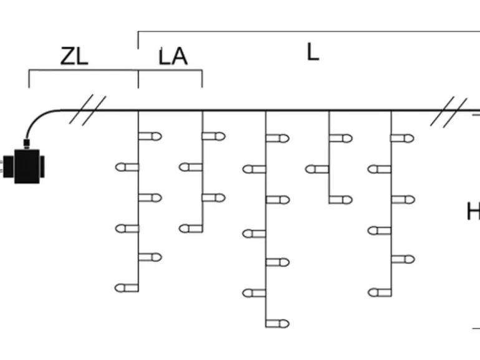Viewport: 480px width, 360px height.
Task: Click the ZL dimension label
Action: (x=74, y=56)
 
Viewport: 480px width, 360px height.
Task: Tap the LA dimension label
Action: (x=173, y=57)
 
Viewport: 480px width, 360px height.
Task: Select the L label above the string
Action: (x=312, y=52)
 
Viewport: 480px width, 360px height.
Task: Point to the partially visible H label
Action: (x=473, y=211)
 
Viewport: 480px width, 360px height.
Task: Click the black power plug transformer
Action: (x=24, y=166)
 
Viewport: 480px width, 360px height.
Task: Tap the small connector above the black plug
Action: (x=27, y=144)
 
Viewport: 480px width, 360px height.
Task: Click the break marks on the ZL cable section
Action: (x=87, y=110)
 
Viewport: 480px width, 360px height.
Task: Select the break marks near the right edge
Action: (x=449, y=111)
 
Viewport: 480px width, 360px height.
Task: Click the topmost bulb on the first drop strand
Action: (x=150, y=136)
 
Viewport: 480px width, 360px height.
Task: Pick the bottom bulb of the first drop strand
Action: (x=127, y=288)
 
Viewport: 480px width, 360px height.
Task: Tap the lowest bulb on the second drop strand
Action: (x=191, y=229)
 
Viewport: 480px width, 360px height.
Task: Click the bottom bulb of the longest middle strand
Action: (x=277, y=323)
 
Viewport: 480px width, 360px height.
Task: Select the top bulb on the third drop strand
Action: (x=277, y=138)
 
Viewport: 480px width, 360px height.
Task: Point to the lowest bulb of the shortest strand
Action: (x=341, y=200)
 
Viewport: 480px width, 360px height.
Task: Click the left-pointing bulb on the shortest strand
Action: (x=317, y=169)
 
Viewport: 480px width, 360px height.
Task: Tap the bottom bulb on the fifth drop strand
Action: (x=380, y=292)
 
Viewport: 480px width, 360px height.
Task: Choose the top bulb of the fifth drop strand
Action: (x=403, y=138)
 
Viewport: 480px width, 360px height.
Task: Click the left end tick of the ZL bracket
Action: (x=29, y=79)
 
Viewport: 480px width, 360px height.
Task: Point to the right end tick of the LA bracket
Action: (x=202, y=79)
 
